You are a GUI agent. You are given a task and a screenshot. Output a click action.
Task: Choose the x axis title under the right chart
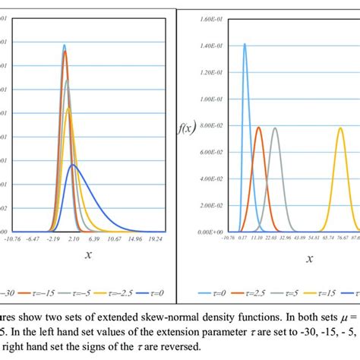click(310, 258)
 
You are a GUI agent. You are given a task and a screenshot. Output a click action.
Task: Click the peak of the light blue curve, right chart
click(245, 44)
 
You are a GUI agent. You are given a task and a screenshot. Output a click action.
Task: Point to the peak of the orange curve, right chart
click(259, 128)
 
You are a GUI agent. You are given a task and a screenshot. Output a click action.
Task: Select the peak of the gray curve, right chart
click(275, 128)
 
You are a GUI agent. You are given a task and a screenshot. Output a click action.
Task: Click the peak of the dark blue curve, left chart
click(73, 164)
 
